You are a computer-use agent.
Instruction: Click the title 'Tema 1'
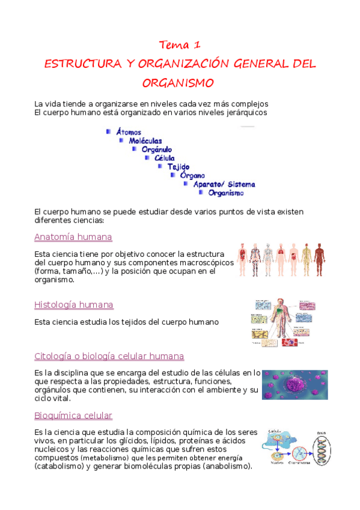(x=179, y=45)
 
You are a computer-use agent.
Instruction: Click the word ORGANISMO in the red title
(x=179, y=82)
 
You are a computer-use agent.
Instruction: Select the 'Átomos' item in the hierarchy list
(x=129, y=132)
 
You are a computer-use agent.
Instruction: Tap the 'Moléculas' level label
(x=145, y=141)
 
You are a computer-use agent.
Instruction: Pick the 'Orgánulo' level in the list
(x=157, y=149)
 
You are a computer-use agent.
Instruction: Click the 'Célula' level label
(x=165, y=158)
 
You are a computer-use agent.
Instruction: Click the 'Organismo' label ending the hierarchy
(x=226, y=193)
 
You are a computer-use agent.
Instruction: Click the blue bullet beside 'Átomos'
(x=108, y=131)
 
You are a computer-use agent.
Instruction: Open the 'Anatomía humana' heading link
(x=73, y=237)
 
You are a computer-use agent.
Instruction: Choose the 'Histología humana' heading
(x=74, y=305)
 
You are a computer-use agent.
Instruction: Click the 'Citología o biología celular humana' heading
(x=109, y=356)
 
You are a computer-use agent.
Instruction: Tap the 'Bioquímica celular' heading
(x=73, y=416)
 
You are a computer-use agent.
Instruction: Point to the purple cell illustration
(x=294, y=384)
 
